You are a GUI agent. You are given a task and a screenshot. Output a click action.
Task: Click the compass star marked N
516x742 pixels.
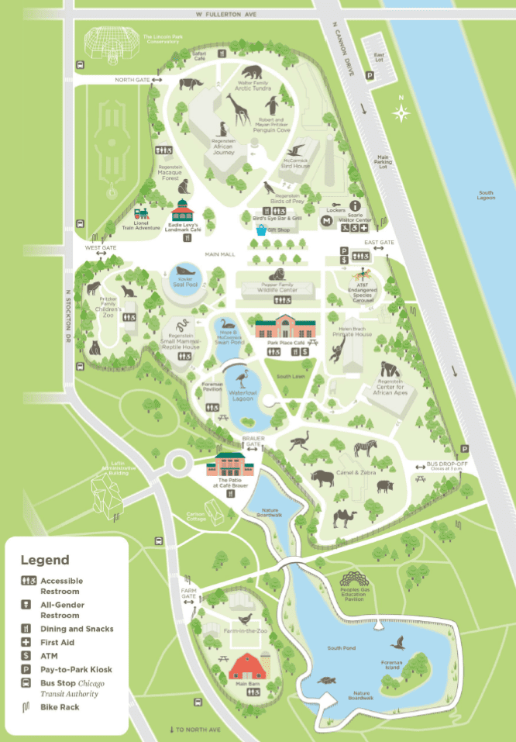pos(401,113)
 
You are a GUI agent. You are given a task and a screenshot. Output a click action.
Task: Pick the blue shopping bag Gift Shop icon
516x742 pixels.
pos(262,230)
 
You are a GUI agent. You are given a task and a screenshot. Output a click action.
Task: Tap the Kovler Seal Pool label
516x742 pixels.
pos(185,281)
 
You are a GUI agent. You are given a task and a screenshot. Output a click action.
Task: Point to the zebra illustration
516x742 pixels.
pos(364,449)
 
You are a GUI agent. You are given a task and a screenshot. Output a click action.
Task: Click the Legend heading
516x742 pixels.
pos(44,560)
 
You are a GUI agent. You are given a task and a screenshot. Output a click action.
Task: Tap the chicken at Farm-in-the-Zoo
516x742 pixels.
pos(246,619)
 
